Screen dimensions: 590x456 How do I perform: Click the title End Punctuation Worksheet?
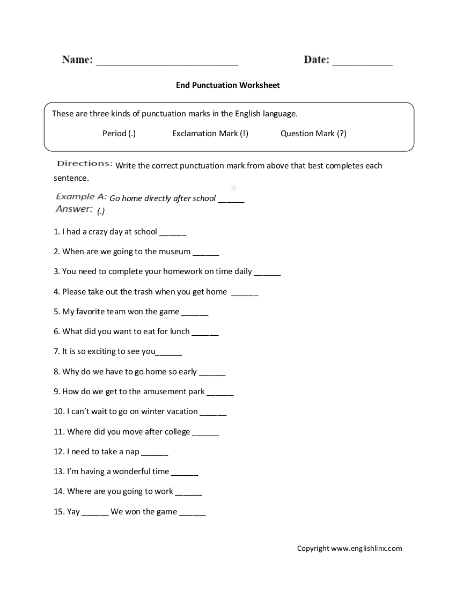pos(228,85)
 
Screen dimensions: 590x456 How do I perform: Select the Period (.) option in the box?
pos(119,134)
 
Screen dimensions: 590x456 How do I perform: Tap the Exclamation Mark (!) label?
pos(210,134)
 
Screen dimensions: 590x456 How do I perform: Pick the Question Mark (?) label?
pos(313,134)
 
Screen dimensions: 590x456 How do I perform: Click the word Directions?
pos(85,164)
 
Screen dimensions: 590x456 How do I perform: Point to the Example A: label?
pos(81,197)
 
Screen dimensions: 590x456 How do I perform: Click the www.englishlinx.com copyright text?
pos(366,548)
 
